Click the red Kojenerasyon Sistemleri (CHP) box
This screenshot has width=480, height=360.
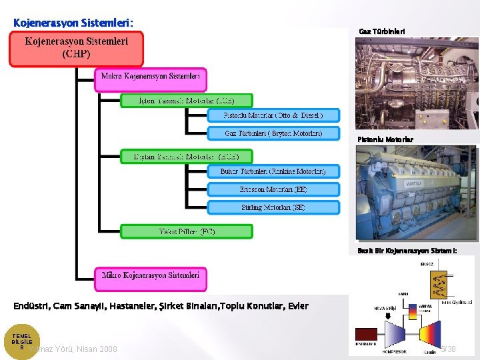[77, 48]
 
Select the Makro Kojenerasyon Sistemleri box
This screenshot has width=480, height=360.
[151, 77]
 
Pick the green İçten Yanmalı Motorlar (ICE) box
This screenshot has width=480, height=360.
[186, 101]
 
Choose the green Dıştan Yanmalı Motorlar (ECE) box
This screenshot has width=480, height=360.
[186, 157]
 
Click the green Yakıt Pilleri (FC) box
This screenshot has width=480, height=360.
[187, 232]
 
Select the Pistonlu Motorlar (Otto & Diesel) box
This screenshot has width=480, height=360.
[273, 115]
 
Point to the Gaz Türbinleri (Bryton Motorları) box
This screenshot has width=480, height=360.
[273, 133]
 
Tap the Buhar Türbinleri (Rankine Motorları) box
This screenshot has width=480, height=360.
[273, 171]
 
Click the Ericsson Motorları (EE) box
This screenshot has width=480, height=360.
[273, 189]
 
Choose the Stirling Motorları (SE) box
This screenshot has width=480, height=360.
[273, 207]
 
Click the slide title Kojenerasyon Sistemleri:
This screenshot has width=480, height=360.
[73, 23]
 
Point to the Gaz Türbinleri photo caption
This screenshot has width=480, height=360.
[381, 31]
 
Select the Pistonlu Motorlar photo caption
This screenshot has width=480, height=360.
[385, 139]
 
